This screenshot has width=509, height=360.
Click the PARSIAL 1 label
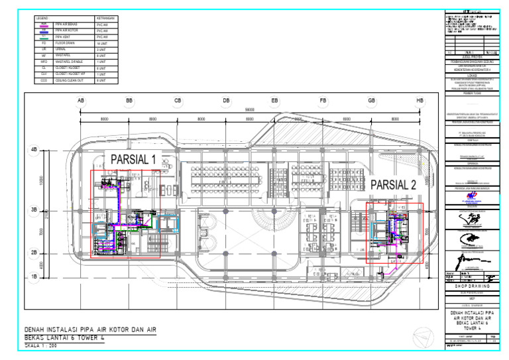133,159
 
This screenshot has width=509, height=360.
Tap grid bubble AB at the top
81,101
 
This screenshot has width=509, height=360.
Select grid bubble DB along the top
226,101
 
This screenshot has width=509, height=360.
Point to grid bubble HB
420,101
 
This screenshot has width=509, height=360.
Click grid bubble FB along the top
323,101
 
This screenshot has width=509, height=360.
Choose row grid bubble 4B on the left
34,150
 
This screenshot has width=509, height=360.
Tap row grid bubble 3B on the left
34,210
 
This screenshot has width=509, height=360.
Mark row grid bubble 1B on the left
34,276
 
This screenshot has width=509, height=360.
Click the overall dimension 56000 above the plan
250,109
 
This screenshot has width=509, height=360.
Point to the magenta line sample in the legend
44,24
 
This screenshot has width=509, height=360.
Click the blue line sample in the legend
44,30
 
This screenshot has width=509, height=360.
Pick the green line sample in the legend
44,37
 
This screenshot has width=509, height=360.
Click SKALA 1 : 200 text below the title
42,346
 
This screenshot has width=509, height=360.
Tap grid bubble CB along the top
178,101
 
